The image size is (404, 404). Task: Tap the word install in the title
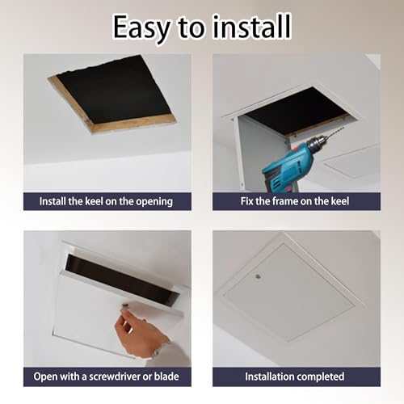pyautogui.click(x=252, y=27)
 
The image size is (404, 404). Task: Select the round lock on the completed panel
pyautogui.click(x=259, y=276)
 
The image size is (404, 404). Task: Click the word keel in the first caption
pyautogui.click(x=95, y=201)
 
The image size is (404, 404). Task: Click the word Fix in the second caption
pyautogui.click(x=246, y=201)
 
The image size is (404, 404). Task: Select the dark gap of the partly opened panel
pyautogui.click(x=121, y=280)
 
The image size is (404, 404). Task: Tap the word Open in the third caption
pyautogui.click(x=44, y=377)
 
